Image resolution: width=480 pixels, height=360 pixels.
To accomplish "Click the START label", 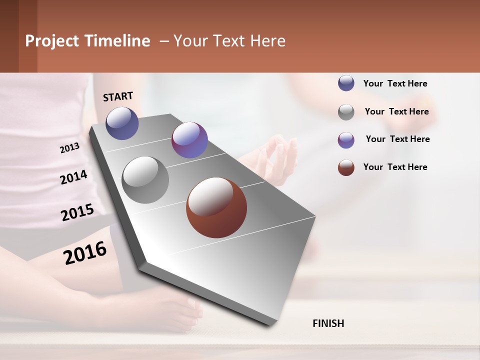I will click(118, 96).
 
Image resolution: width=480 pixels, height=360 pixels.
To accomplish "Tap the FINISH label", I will click(328, 323).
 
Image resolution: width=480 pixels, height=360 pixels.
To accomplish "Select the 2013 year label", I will click(69, 148).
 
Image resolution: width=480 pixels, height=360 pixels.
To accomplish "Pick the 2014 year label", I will click(73, 177).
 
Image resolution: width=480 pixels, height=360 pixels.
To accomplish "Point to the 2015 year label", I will click(77, 212).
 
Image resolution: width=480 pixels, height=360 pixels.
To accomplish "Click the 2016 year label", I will click(85, 252).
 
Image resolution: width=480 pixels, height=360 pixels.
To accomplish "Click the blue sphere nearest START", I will click(122, 123).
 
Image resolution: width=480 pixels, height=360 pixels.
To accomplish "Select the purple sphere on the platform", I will click(189, 140).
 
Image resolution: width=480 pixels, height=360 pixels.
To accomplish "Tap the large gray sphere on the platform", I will click(145, 180).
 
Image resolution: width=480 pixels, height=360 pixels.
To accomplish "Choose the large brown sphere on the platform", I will click(216, 207).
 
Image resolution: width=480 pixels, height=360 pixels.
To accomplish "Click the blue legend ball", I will click(346, 83).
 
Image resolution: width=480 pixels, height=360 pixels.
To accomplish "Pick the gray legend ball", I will click(346, 111).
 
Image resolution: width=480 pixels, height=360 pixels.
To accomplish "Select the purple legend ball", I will click(346, 139).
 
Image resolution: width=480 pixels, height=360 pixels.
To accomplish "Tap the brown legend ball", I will click(346, 167).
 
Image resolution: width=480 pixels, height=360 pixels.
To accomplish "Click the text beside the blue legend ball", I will click(395, 83).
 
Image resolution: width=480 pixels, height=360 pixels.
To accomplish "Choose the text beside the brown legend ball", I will click(395, 167).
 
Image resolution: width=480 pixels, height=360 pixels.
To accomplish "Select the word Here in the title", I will click(267, 41).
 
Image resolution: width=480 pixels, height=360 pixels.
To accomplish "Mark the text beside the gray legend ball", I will click(396, 111).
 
